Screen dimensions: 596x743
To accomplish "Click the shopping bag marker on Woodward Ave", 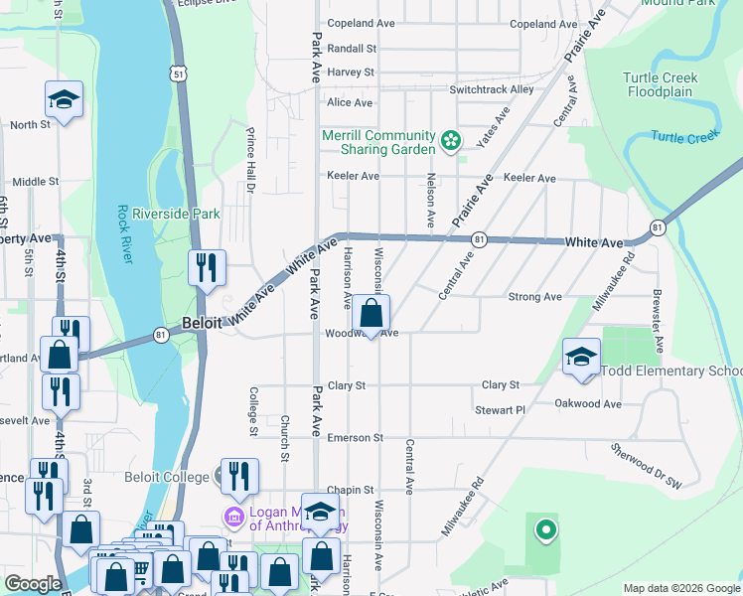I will point(371,314).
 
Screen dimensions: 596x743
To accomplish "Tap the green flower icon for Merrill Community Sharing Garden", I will point(451,141).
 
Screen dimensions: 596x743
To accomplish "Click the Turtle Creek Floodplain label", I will point(662,84).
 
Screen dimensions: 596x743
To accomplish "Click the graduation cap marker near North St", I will point(64,100).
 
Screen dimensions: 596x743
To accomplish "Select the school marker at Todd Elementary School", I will point(581,358).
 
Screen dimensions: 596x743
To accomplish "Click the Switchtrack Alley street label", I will point(492,89).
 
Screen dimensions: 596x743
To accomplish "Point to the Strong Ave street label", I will point(534,297).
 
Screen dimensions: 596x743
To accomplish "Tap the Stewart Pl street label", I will point(500,409).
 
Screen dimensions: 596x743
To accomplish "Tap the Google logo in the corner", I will point(33,584).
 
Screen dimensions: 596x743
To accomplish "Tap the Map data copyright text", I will point(680,587).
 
